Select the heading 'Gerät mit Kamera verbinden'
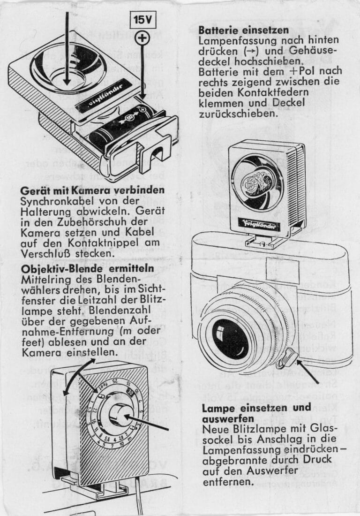93,191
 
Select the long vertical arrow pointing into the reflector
67,47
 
